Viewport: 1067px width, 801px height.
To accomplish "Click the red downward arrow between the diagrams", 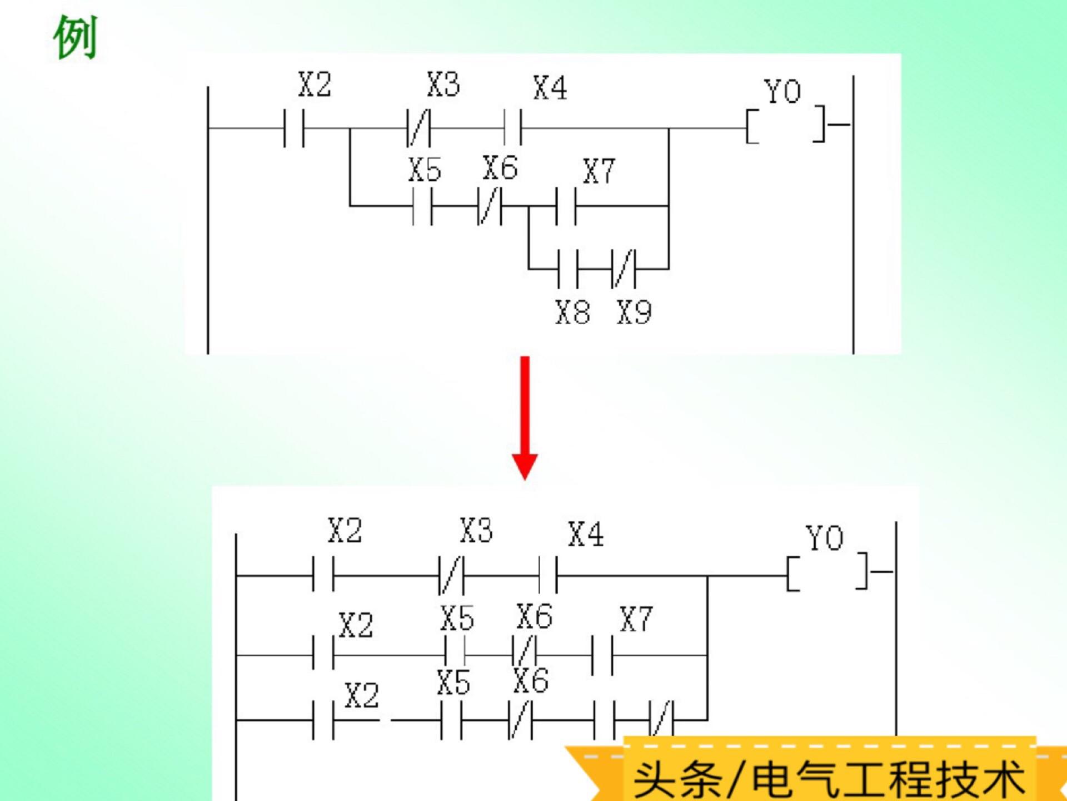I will click(x=525, y=417).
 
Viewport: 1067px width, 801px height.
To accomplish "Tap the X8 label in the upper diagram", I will click(x=572, y=312).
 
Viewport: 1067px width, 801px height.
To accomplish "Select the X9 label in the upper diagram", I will click(x=634, y=312).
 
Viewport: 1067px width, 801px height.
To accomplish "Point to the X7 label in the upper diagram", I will click(x=599, y=171).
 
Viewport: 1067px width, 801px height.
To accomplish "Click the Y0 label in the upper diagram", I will click(x=782, y=92).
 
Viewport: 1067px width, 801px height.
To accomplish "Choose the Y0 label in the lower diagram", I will click(x=825, y=538).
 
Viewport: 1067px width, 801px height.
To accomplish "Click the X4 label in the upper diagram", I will click(x=550, y=88).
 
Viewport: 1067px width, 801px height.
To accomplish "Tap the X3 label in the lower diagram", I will click(x=476, y=531).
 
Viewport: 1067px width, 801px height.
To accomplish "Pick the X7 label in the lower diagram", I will click(x=636, y=619).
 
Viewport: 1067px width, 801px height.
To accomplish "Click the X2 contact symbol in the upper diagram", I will click(x=294, y=128).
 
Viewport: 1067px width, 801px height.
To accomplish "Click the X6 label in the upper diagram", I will click(x=500, y=168).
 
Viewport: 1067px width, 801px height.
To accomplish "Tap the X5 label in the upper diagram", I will click(x=425, y=170).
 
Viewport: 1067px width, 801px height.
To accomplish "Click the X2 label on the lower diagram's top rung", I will click(x=345, y=531).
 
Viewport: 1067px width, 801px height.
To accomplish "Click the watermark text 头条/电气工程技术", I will click(x=829, y=779).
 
